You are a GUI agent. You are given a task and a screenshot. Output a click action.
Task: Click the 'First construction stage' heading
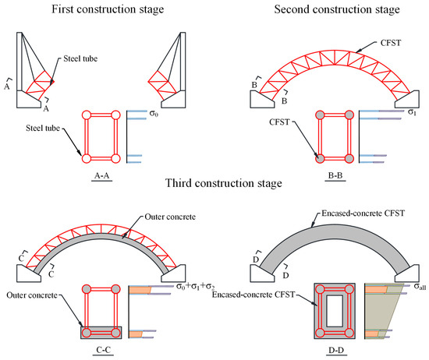pos(108,9)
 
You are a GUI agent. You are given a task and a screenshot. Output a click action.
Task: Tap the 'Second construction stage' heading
pos(337,9)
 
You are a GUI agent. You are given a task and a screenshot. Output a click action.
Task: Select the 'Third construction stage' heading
pos(224,183)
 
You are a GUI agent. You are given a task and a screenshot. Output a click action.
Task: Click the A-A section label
pos(101,175)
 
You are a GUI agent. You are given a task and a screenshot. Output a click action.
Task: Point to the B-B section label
pos(335,175)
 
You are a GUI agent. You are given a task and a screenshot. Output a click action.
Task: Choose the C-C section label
pos(104,350)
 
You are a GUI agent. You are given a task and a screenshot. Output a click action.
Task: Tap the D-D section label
pos(336,350)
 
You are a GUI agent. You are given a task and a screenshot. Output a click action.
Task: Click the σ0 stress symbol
pos(154,113)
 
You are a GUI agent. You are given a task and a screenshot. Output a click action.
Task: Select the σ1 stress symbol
pos(412,111)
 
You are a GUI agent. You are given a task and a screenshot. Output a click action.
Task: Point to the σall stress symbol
pos(420,287)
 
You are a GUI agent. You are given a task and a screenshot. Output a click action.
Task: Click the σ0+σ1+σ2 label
pos(195,287)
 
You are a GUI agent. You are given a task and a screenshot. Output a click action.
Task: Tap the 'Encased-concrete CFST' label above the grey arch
pos(363,214)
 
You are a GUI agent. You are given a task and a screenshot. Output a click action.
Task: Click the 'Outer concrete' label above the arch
pos(170,217)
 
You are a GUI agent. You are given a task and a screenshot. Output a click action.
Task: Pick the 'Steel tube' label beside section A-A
pos(43,129)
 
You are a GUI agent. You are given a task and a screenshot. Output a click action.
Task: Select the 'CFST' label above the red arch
pos(391,43)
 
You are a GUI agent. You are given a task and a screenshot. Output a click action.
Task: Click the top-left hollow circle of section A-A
pos(86,115)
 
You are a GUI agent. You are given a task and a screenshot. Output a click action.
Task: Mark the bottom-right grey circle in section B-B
pos(349,158)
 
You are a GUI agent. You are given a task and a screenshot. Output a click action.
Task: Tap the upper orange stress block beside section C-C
pos(140,290)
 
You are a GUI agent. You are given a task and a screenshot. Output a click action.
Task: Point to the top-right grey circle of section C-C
pos(115,289)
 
